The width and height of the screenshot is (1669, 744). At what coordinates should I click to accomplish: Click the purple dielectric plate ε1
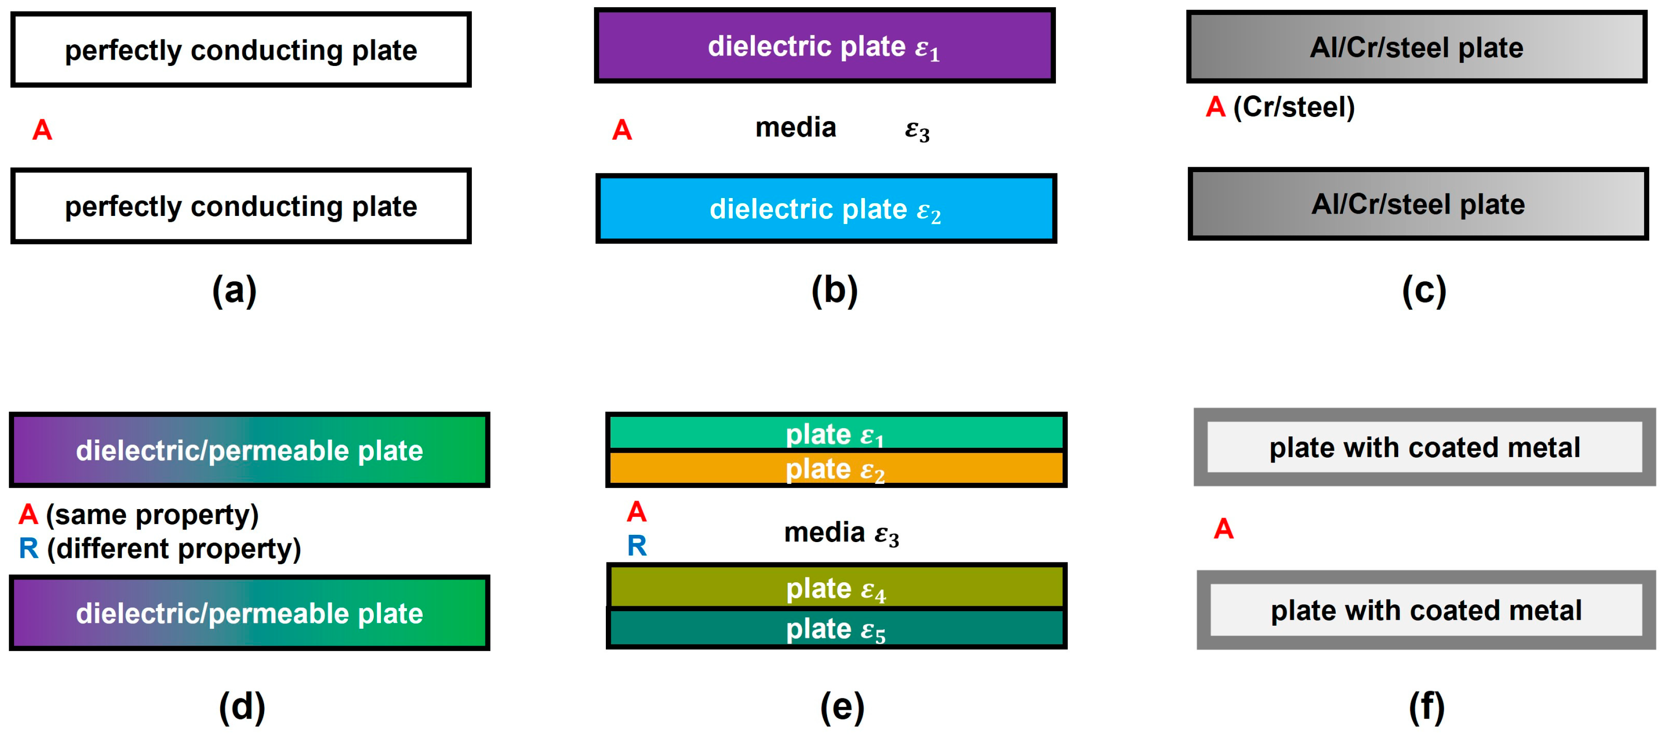coord(824,45)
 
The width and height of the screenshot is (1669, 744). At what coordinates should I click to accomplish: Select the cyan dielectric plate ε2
coord(826,209)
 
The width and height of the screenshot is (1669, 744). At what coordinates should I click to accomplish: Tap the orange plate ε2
coord(836,468)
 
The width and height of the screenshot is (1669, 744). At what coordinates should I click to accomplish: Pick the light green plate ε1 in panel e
coord(836,433)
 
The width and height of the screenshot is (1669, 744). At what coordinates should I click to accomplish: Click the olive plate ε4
coord(836,588)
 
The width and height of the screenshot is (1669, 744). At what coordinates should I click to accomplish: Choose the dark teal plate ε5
coord(836,629)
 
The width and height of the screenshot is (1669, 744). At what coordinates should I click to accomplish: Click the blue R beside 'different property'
coord(28,549)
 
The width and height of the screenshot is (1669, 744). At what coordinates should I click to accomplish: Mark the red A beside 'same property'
coord(28,515)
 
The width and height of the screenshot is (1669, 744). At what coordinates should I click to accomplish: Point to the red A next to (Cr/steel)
coord(1215,107)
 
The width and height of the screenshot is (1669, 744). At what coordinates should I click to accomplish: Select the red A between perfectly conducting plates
coord(42,130)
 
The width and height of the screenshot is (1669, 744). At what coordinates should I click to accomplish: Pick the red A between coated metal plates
coord(1223,529)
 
